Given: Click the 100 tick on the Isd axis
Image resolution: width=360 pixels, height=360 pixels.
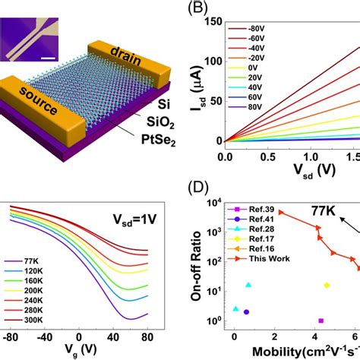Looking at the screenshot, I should click(210, 60).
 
